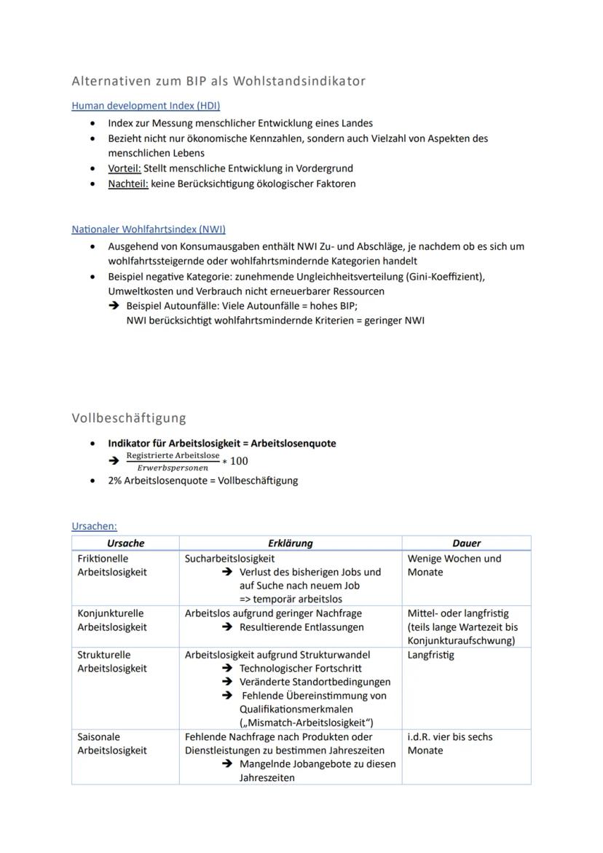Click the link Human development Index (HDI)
pyautogui.click(x=146, y=106)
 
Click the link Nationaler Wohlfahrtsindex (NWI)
pyautogui.click(x=149, y=229)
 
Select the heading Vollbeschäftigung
pyautogui.click(x=129, y=418)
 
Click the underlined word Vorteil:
pyautogui.click(x=124, y=168)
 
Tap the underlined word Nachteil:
pyautogui.click(x=127, y=184)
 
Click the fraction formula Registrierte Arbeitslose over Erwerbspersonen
pyautogui.click(x=173, y=461)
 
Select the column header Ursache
pyautogui.click(x=125, y=543)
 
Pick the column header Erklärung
pyautogui.click(x=290, y=543)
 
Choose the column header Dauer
pyautogui.click(x=466, y=543)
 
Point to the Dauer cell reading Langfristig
pyautogui.click(x=430, y=655)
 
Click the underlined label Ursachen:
pyautogui.click(x=94, y=526)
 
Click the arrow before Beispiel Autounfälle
pyautogui.click(x=114, y=306)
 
